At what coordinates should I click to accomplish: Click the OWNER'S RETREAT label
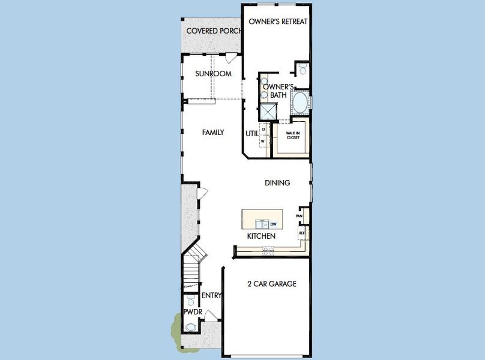pyautogui.click(x=278, y=22)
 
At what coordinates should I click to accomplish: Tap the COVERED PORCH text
pyautogui.click(x=214, y=31)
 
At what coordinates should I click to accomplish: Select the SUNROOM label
pyautogui.click(x=213, y=74)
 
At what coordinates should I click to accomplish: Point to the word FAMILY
pyautogui.click(x=212, y=132)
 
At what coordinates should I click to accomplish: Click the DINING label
pyautogui.click(x=277, y=183)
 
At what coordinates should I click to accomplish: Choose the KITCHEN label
pyautogui.click(x=261, y=236)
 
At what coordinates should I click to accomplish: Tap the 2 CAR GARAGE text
pyautogui.click(x=272, y=284)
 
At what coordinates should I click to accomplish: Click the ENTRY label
pyautogui.click(x=212, y=295)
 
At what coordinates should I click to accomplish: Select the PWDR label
pyautogui.click(x=192, y=313)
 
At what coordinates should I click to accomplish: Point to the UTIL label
pyautogui.click(x=252, y=133)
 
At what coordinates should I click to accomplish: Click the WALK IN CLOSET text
pyautogui.click(x=292, y=136)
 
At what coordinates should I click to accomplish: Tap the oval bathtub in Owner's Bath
pyautogui.click(x=300, y=103)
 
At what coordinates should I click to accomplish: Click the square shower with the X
pyautogui.click(x=267, y=112)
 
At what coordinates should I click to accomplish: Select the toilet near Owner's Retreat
pyautogui.click(x=302, y=70)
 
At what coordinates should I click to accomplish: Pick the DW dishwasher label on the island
pyautogui.click(x=273, y=224)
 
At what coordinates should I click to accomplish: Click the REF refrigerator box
pyautogui.click(x=302, y=232)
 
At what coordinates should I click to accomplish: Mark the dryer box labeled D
pyautogui.click(x=263, y=129)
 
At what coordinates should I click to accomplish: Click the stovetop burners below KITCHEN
pyautogui.click(x=267, y=252)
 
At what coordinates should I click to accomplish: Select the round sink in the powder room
pyautogui.click(x=191, y=328)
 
